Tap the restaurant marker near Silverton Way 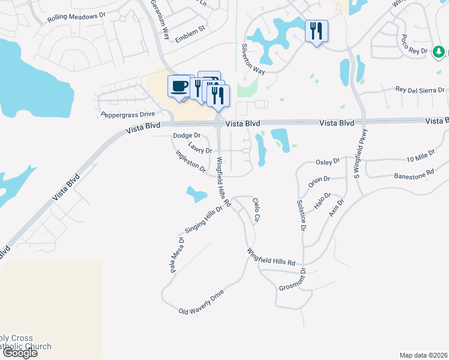tap(316, 31)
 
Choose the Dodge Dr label tap(186, 136)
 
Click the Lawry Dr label tap(200, 147)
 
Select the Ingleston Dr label tap(190, 161)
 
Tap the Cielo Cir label tap(256, 211)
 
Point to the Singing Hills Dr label tap(203, 221)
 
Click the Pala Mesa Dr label tap(176, 255)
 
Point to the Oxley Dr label tap(328, 161)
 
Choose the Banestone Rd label tap(414, 175)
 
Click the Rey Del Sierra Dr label tap(420, 90)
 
